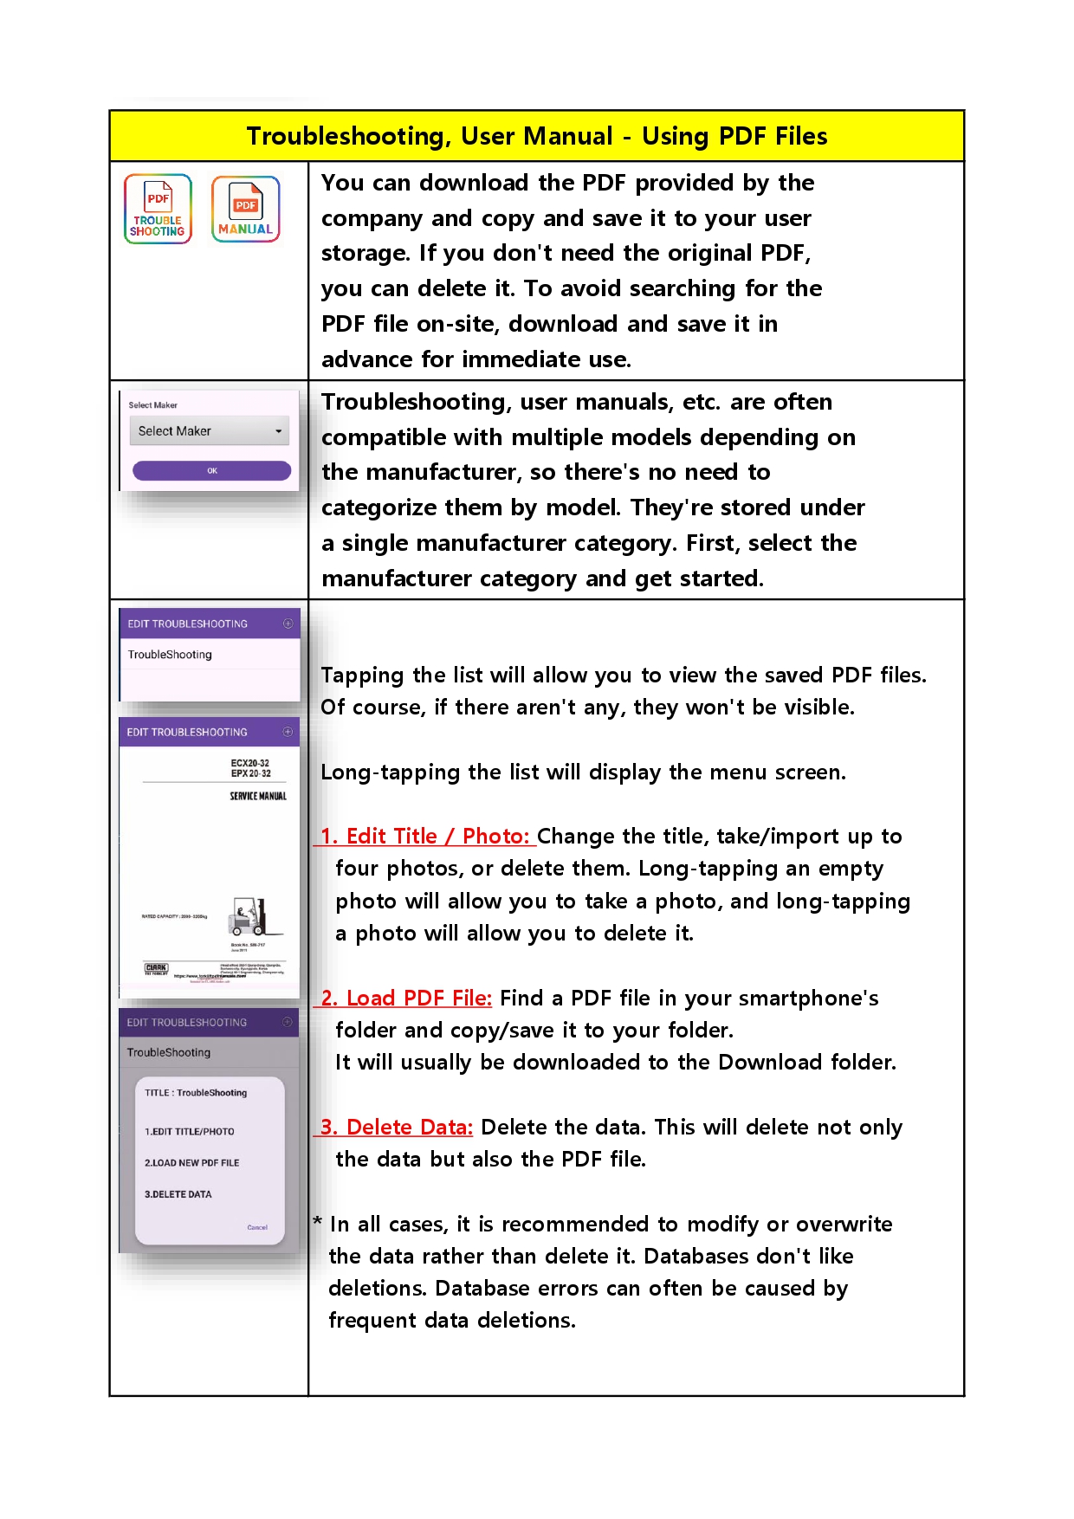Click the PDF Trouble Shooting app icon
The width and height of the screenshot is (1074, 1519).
[158, 209]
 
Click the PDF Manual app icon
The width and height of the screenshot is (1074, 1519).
[245, 209]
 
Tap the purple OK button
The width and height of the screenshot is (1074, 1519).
[211, 470]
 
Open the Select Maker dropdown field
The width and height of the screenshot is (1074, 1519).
[209, 430]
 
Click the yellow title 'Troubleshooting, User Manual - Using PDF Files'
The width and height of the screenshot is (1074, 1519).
[536, 136]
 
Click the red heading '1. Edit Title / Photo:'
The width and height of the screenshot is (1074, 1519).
[424, 837]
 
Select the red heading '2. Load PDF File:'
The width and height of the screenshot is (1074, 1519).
[405, 999]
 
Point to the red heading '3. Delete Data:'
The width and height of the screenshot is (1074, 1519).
[396, 1128]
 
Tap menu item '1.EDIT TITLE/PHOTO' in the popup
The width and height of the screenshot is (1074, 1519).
[189, 1132]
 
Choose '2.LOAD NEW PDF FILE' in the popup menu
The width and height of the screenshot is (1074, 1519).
[191, 1163]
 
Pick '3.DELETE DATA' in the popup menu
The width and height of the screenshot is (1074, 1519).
[178, 1194]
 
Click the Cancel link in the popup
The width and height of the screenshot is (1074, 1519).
[257, 1227]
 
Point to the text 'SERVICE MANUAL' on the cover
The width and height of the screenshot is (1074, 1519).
[257, 796]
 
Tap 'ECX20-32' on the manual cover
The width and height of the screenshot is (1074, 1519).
[249, 763]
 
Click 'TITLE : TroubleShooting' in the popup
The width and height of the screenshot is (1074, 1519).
[196, 1093]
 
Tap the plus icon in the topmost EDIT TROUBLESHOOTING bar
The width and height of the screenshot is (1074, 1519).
[288, 624]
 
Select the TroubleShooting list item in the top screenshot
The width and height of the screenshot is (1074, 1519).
[170, 655]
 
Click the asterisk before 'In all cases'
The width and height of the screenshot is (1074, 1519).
[318, 1221]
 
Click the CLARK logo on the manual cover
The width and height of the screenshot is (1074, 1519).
[156, 967]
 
